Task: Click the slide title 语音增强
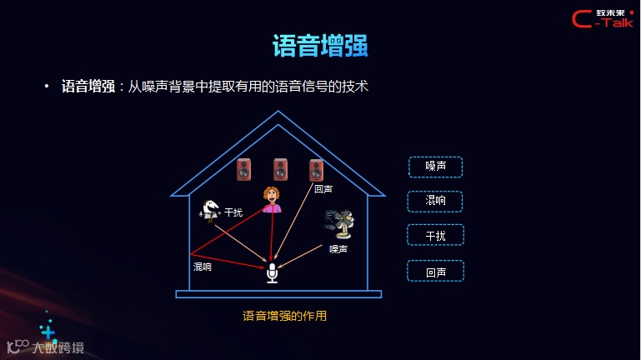click(x=320, y=46)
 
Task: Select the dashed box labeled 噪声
click(x=435, y=167)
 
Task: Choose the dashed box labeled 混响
click(x=435, y=201)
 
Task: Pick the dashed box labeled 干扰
click(x=435, y=235)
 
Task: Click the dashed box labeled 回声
click(x=435, y=271)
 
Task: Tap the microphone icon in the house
click(x=272, y=272)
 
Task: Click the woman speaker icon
click(x=272, y=199)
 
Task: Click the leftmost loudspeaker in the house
click(x=244, y=170)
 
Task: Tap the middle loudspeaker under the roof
click(x=281, y=169)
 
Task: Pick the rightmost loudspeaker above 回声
click(x=316, y=170)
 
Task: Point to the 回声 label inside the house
click(x=323, y=189)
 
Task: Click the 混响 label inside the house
click(x=203, y=267)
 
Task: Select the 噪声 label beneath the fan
click(x=338, y=248)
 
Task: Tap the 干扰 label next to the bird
click(x=233, y=212)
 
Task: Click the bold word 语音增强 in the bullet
click(x=88, y=86)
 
